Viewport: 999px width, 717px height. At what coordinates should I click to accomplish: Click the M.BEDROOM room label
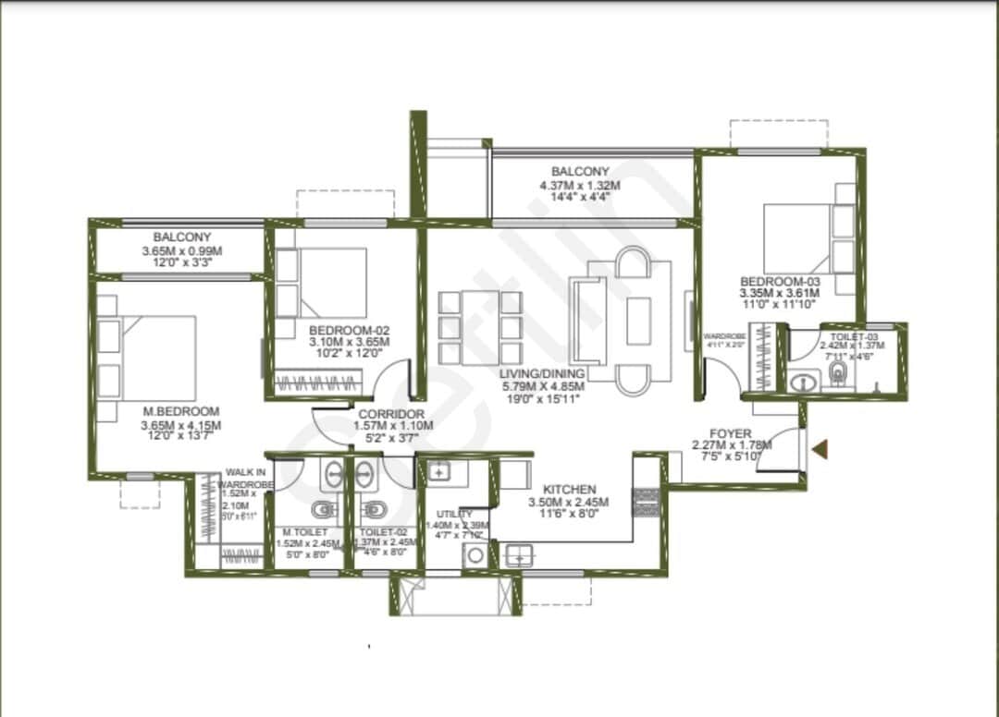tap(181, 411)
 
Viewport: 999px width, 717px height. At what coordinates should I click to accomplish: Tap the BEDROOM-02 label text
tap(349, 330)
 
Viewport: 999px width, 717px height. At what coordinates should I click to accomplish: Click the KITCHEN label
tap(569, 489)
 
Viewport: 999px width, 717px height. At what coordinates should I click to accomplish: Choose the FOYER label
tap(730, 432)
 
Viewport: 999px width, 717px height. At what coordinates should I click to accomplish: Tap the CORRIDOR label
tap(391, 414)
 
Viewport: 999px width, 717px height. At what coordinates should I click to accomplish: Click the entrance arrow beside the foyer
tap(820, 450)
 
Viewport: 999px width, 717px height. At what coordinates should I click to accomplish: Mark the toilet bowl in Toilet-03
tap(839, 373)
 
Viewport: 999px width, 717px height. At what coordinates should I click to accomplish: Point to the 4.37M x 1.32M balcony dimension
tap(580, 185)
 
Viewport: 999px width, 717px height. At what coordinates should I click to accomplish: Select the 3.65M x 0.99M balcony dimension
tap(182, 251)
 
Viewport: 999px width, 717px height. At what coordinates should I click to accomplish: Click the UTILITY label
tap(454, 514)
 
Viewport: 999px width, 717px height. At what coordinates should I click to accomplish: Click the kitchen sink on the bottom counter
tap(519, 555)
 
